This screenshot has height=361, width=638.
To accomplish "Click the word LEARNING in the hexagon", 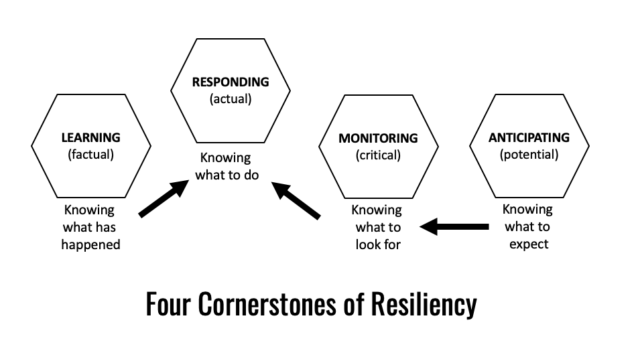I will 90,137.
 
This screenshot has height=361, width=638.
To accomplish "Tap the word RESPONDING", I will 230,82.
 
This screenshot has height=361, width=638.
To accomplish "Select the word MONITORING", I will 378,139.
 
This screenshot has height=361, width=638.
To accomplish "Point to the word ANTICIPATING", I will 529,137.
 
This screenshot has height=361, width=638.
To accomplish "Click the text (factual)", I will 90,154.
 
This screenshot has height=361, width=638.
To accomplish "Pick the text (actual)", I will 230,99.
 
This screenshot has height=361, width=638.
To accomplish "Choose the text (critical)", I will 378,155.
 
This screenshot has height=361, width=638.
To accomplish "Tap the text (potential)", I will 529,154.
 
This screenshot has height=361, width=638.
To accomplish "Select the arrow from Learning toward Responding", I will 164,198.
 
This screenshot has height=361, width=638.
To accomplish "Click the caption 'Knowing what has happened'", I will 90,227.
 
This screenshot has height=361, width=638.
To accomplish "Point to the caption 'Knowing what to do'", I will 225,167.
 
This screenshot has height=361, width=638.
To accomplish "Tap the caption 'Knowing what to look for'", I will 377,227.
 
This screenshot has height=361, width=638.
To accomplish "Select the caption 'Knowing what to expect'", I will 528,226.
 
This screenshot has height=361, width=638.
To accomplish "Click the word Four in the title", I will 166,305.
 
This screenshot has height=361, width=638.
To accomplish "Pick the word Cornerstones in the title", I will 271,305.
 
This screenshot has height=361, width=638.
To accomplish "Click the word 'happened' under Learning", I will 90,244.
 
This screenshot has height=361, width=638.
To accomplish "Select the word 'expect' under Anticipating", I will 529,244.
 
